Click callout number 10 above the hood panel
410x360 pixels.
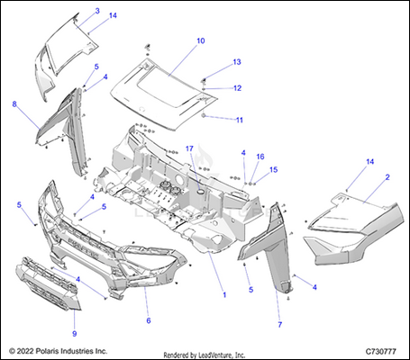pos(200,40)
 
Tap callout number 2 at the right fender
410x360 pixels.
pos(387,177)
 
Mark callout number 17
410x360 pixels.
pos(189,148)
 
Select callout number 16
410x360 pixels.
pos(260,157)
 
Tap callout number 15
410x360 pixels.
pos(274,169)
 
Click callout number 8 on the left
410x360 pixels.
pos(14,104)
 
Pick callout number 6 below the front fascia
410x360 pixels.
pos(148,320)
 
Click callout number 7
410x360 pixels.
pos(279,324)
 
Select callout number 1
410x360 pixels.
pos(224,295)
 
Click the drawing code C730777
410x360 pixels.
pos(383,350)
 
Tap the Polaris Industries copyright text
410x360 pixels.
pos(58,350)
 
